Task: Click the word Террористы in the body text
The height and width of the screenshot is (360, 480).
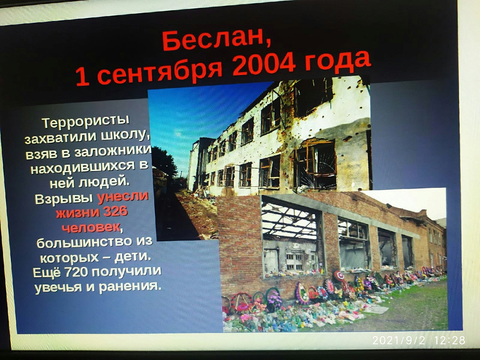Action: pos(86,122)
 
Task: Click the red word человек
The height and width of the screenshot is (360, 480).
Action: pos(90,227)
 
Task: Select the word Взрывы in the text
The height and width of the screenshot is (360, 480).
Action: pos(64,199)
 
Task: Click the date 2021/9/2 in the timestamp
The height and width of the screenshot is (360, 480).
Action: pos(398,340)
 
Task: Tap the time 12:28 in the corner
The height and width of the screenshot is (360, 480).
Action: pos(449,340)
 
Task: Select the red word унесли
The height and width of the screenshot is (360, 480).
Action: pos(123,197)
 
